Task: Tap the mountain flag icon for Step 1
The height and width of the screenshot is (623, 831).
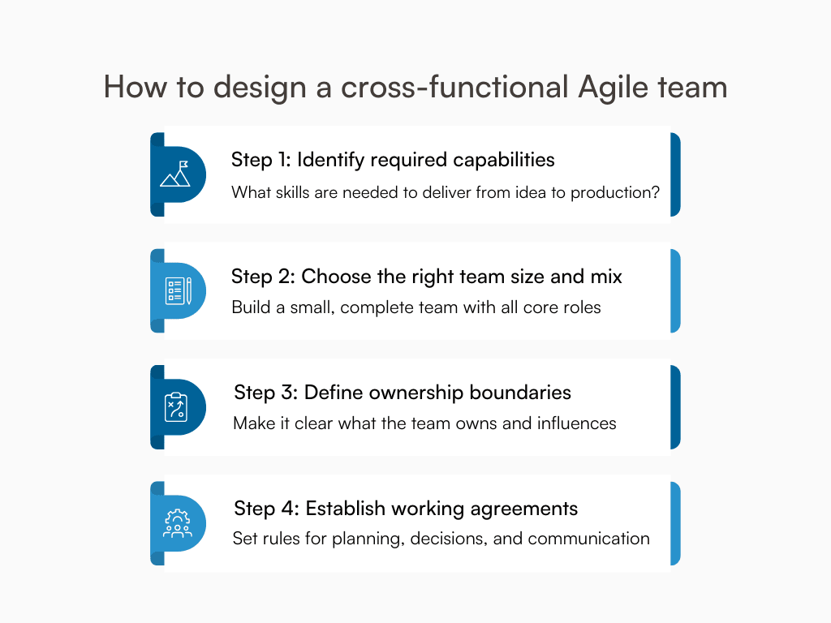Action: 174,174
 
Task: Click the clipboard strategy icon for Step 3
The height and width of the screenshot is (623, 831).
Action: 175,407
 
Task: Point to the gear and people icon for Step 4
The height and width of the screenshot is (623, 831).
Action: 177,523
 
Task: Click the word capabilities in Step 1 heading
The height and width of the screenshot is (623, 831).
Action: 503,160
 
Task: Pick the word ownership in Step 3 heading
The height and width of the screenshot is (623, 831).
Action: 411,393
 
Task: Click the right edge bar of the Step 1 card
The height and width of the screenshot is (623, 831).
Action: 675,174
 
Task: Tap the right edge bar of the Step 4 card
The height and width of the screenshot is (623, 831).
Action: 675,523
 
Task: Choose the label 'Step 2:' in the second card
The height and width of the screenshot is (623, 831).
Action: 263,277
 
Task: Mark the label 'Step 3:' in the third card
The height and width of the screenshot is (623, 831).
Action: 266,393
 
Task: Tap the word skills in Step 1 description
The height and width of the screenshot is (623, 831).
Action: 296,193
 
